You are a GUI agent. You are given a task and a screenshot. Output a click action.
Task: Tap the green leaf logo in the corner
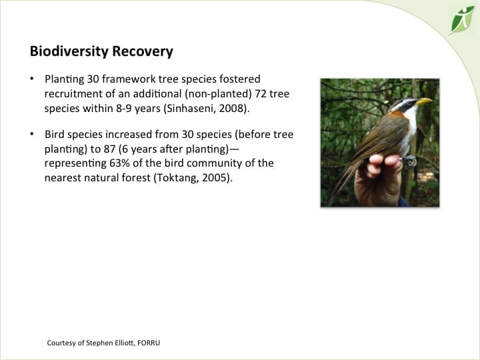click(x=461, y=19)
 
